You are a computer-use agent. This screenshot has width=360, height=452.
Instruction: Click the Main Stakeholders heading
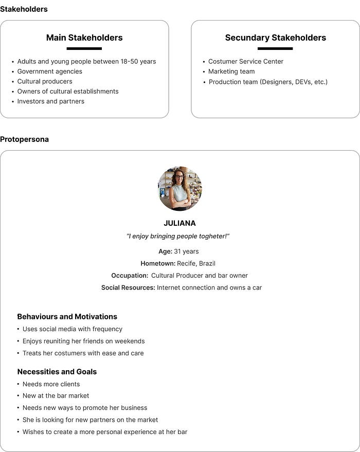pos(84,38)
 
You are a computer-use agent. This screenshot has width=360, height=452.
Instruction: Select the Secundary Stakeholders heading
pos(275,38)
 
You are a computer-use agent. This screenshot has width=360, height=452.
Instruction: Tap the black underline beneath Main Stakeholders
pos(84,49)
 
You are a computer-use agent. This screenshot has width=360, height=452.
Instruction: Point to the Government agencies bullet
pos(49,71)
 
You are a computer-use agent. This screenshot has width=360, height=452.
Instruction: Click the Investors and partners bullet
pos(50,101)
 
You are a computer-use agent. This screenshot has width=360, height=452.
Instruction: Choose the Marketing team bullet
pos(231,71)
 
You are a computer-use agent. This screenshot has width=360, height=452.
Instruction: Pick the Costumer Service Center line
pos(246,61)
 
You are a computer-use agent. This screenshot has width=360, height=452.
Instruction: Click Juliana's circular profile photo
pos(180,188)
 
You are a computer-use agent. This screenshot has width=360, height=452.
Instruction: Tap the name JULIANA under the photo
pos(179,223)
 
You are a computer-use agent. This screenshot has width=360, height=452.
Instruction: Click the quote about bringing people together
pos(178,236)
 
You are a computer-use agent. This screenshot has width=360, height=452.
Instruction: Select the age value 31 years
pos(186,251)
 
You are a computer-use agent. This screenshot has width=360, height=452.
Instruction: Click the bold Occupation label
pos(130,276)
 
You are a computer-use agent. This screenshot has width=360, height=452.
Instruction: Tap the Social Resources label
pos(128,287)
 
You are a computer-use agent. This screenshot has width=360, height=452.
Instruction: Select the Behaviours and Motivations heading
pos(67,317)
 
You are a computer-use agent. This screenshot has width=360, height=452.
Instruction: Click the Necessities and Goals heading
pos(57,372)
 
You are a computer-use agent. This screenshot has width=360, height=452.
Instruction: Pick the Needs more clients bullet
pos(51,384)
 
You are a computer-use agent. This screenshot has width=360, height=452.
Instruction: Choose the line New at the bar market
pos(56,396)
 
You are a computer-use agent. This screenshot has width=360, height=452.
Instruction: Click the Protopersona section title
pos(24,139)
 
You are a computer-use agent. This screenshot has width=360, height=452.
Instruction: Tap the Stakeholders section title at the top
pos(24,9)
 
